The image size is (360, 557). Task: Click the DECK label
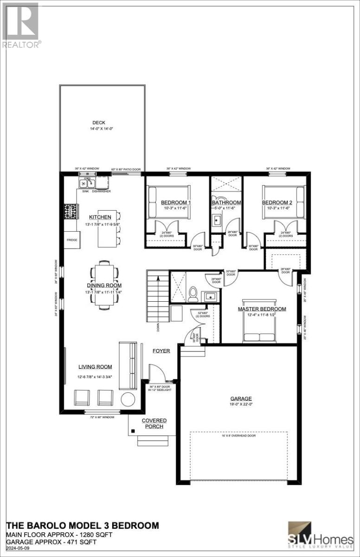tap(95, 123)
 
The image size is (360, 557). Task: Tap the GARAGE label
tap(241, 398)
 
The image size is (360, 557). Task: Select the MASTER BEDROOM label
tap(262, 309)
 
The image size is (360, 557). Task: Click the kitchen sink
tap(86, 183)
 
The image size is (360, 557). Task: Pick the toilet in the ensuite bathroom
tap(193, 293)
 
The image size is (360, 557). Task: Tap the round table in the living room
tap(128, 399)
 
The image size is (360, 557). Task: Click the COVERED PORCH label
tap(154, 423)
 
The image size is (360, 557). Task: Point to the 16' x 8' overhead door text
tap(239, 435)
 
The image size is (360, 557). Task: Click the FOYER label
tap(161, 351)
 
